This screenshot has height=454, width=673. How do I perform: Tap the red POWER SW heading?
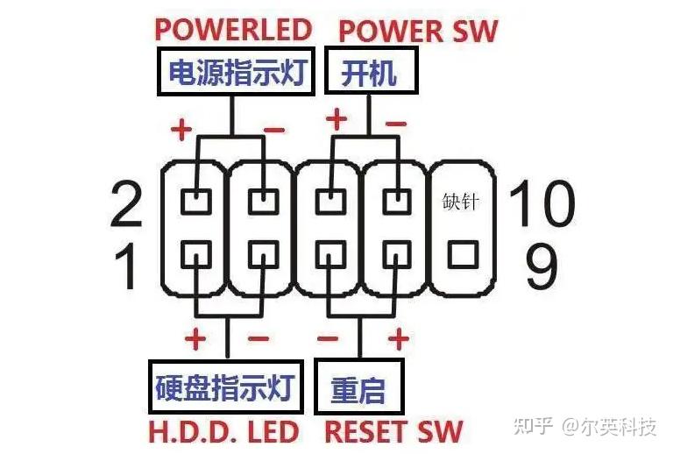tap(417, 31)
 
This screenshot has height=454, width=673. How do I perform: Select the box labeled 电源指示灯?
tap(233, 73)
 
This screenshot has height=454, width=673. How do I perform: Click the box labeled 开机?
tap(369, 73)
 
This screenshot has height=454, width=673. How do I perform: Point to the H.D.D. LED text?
tap(223, 431)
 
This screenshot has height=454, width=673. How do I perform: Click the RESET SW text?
tap(393, 431)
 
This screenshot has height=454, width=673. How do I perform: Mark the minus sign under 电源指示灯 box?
tap(273, 131)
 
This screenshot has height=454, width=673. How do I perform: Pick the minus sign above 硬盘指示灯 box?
tap(259, 337)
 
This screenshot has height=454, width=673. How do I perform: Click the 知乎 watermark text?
tap(534, 426)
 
